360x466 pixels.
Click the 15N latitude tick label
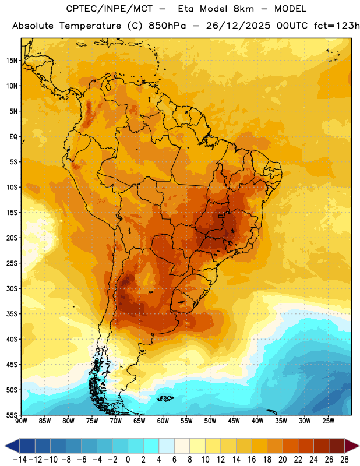point(12,61)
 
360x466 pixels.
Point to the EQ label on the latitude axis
point(13,137)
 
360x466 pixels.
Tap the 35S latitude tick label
point(12,314)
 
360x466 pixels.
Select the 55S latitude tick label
point(12,415)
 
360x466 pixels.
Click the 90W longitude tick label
point(21,421)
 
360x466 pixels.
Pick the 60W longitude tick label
point(163,421)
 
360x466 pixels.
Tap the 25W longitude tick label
point(328,421)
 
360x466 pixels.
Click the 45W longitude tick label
point(234,421)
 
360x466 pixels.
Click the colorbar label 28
point(344,460)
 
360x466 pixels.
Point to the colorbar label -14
point(20,460)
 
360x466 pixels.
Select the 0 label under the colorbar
point(128,460)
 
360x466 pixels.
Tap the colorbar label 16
point(252,460)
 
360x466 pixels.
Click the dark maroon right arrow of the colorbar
point(351,446)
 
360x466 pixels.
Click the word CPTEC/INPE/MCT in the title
point(110,9)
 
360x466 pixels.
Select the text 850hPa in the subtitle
point(167,26)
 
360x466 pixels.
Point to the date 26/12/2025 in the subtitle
point(238,26)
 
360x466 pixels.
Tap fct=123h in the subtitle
point(337,26)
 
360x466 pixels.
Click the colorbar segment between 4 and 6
point(167,446)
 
